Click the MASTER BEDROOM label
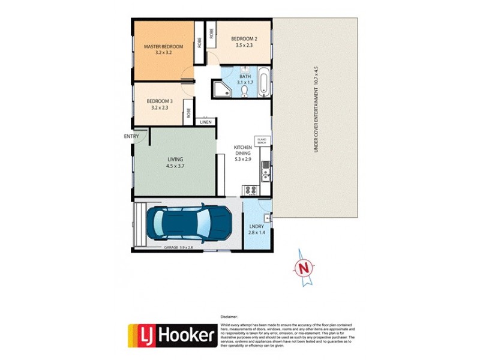[163, 46]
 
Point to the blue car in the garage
[190, 224]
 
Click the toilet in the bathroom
[245, 91]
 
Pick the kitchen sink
[265, 174]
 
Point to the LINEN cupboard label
[206, 122]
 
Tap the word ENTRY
[131, 136]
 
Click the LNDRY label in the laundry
[256, 226]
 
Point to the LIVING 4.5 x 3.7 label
[175, 162]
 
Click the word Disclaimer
[230, 316]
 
